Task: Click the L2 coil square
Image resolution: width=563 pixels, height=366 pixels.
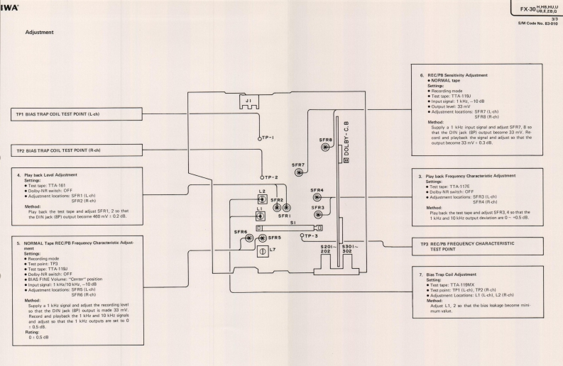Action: click(261, 201)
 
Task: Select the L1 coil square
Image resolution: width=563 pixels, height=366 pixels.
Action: click(261, 218)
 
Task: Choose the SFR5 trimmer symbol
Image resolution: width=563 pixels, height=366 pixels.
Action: click(263, 238)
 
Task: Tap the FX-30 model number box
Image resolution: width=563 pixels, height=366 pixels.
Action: click(525, 6)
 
